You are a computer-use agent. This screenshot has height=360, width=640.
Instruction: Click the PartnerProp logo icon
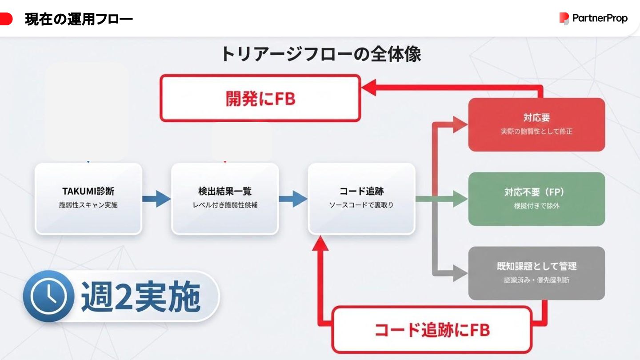(x=564, y=18)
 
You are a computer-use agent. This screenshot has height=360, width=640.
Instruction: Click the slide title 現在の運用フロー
(x=79, y=19)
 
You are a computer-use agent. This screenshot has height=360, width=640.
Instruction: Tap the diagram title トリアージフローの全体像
(x=320, y=54)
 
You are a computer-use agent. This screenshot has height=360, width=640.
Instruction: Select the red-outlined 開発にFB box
(x=260, y=98)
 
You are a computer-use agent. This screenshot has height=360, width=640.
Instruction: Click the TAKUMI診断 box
(x=88, y=198)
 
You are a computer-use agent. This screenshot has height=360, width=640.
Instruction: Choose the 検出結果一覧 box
(x=225, y=198)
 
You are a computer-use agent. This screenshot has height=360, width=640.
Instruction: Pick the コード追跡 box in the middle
(x=361, y=198)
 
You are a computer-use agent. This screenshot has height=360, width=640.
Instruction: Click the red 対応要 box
(x=536, y=124)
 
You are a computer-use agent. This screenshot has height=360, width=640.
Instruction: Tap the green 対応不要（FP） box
(x=536, y=199)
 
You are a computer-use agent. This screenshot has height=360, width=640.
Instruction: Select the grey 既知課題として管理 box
(x=536, y=273)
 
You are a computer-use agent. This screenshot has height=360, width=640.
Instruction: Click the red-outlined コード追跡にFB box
(x=432, y=330)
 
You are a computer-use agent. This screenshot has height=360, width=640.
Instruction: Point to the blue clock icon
(x=46, y=296)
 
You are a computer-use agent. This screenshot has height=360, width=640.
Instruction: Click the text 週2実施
(x=140, y=296)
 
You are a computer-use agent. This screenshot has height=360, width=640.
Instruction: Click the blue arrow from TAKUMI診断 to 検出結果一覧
(x=156, y=198)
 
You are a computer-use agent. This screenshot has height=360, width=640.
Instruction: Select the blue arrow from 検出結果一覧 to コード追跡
(x=293, y=198)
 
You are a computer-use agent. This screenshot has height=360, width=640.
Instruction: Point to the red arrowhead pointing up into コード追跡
(x=320, y=244)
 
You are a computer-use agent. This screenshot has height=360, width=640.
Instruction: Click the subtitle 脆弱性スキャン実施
(x=88, y=205)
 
